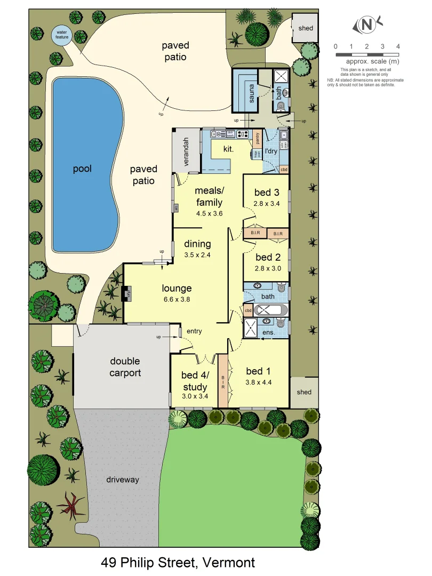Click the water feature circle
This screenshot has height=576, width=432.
click(x=61, y=35)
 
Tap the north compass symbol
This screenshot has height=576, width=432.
click(x=367, y=25)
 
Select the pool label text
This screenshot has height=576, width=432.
click(x=82, y=169)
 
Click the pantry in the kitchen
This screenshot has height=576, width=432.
click(x=257, y=138)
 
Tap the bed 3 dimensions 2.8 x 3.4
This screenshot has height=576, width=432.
click(x=266, y=203)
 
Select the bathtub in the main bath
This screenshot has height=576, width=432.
click(x=271, y=310)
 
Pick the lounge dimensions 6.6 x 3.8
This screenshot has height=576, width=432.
click(x=177, y=299)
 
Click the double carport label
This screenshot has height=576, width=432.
click(x=125, y=367)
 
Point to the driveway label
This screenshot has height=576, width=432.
click(x=122, y=479)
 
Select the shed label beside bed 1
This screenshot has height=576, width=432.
click(x=304, y=392)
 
